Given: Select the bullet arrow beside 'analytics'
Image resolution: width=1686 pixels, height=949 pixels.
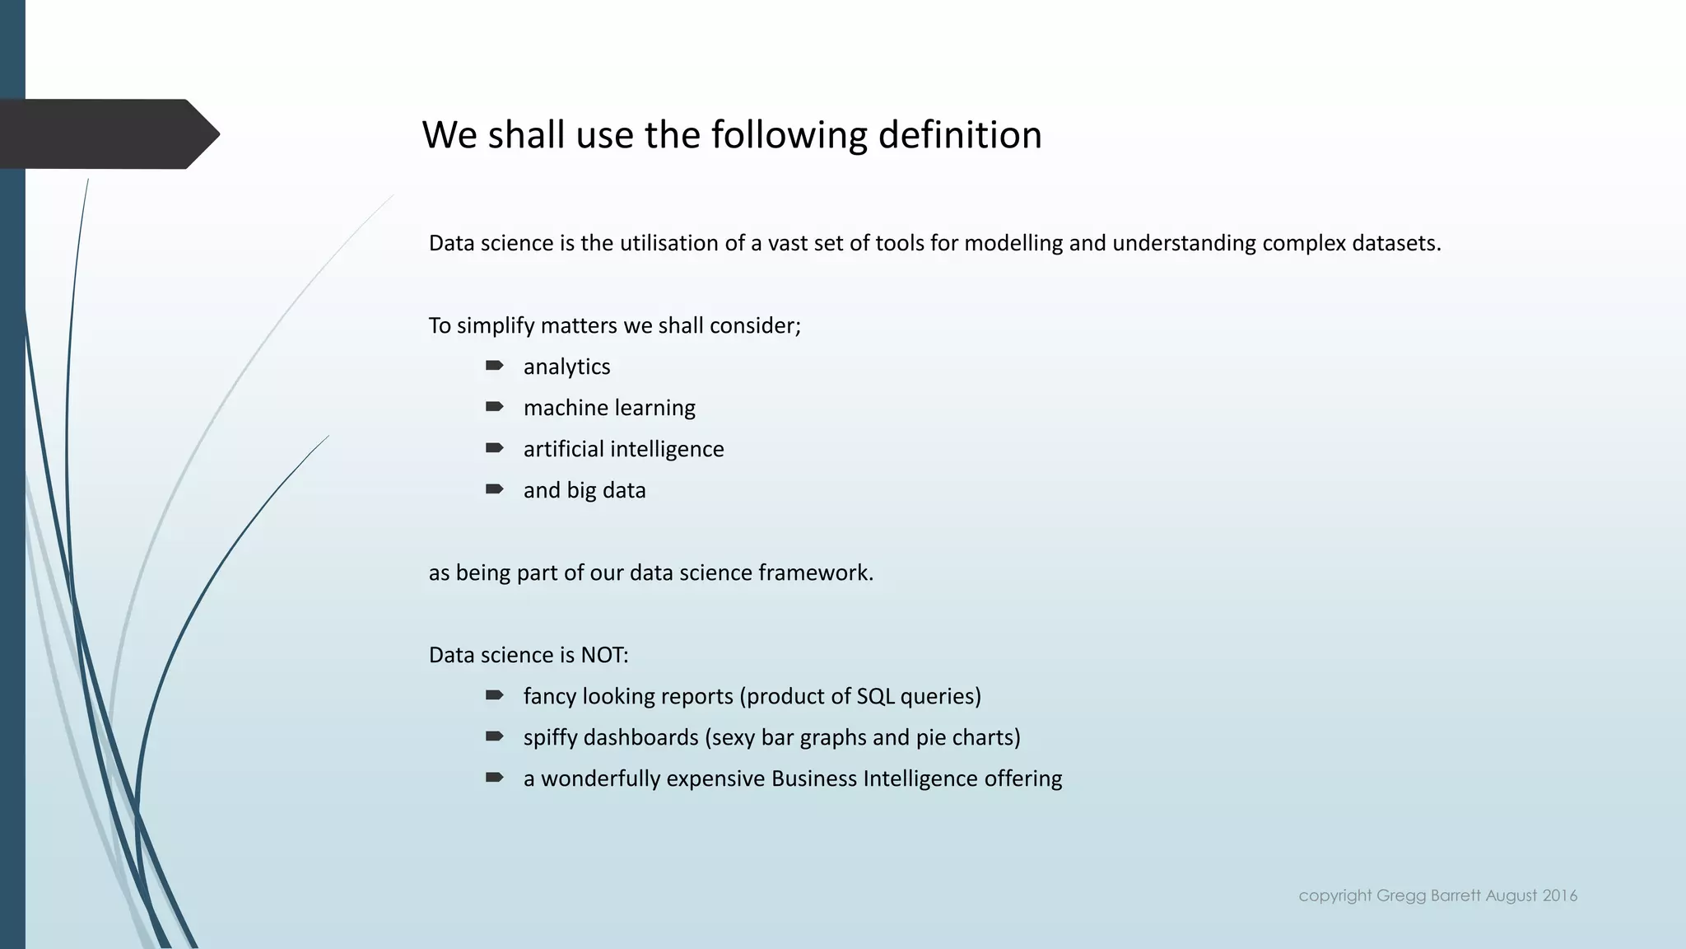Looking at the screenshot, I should coord(494,366).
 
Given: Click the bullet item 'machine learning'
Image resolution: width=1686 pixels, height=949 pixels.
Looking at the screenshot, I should coord(609,408).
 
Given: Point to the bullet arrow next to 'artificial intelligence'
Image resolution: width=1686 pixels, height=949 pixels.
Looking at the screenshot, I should coord(494,448).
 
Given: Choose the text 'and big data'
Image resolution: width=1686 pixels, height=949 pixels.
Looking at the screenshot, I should coord(585,490).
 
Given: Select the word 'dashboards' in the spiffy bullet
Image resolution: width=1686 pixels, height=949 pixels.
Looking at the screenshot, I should coord(640,737).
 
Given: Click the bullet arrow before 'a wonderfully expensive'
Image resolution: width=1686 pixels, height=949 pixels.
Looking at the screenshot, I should coord(494,778).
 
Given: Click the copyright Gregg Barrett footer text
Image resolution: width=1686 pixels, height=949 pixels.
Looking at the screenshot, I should coord(1437,895).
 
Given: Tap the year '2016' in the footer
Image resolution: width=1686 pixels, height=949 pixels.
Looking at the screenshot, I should coord(1560,895).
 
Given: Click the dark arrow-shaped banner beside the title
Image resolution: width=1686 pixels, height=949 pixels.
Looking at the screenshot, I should coord(107,134).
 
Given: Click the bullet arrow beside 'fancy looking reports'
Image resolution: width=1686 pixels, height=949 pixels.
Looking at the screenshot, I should coord(494,695).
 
